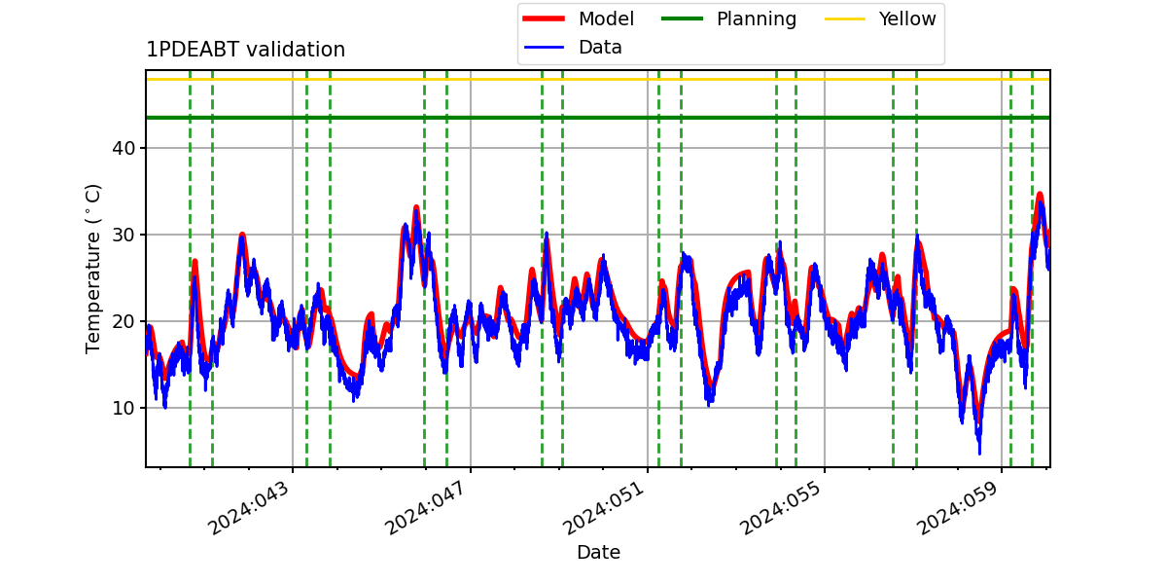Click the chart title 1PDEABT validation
(x=245, y=50)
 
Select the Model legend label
(x=606, y=18)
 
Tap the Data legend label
(x=600, y=48)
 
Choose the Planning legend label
(x=757, y=19)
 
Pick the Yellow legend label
(x=907, y=18)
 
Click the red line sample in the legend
(x=544, y=18)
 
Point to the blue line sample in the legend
(x=544, y=48)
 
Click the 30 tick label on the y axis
(x=124, y=235)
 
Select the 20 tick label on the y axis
(x=124, y=321)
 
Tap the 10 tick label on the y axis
(x=124, y=408)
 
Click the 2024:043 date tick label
(x=248, y=508)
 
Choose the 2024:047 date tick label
(x=425, y=508)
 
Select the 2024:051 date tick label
(x=603, y=508)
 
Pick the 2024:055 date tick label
(x=780, y=508)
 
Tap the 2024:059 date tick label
(x=958, y=508)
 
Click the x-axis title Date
(x=599, y=552)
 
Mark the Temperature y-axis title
(x=92, y=269)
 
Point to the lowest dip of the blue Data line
(x=979, y=454)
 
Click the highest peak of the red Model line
(x=1040, y=195)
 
